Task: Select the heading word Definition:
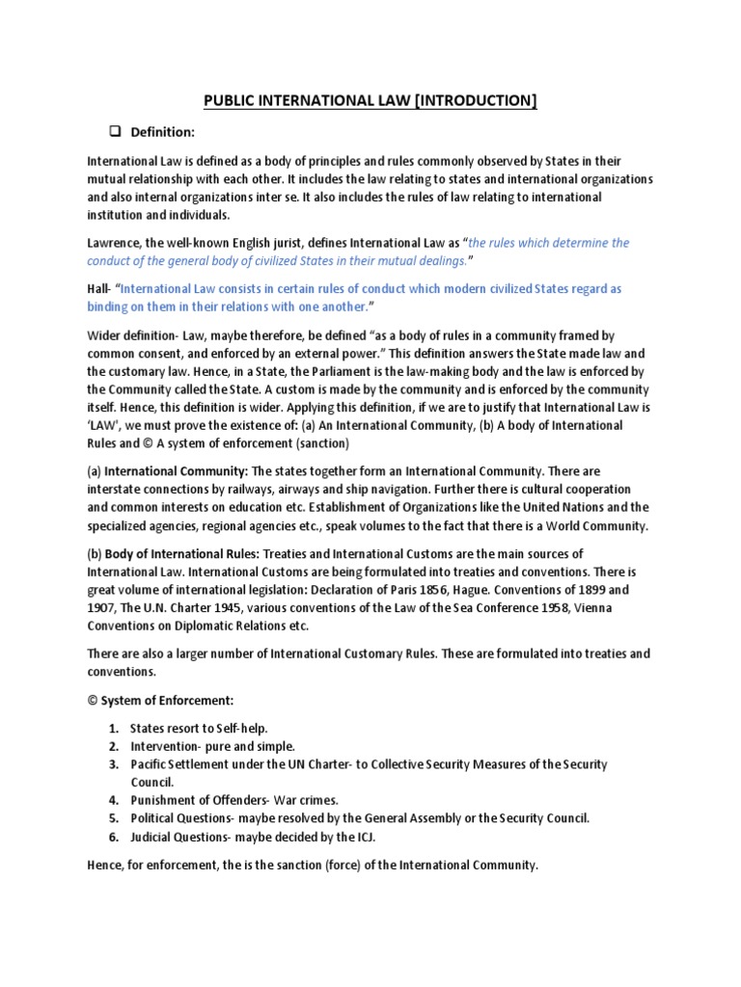click(163, 131)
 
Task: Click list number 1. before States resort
click(113, 729)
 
